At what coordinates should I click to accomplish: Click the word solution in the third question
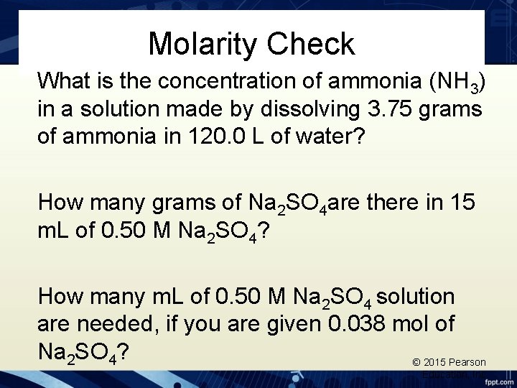coord(416,296)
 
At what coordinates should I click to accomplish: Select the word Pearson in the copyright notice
coord(468,362)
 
